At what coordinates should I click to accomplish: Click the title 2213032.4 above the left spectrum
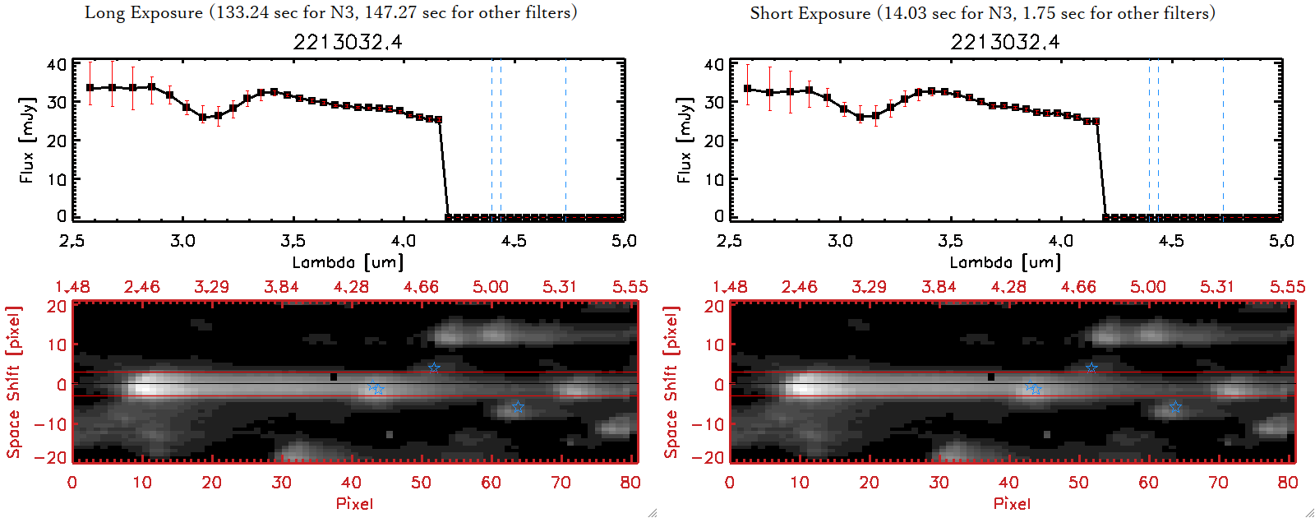[x=348, y=42]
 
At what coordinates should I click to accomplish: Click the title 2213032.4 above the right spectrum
[x=1005, y=42]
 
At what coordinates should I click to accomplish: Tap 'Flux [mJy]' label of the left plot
[x=27, y=141]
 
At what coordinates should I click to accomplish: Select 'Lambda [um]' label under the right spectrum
[x=1005, y=262]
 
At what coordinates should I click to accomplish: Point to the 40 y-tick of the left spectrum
[x=57, y=65]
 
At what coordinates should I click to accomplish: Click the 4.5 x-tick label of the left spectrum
[x=514, y=241]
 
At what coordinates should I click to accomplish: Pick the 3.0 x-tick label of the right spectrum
[x=840, y=241]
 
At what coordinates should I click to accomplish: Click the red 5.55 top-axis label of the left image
[x=630, y=287]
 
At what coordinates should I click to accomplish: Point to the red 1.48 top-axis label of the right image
[x=730, y=287]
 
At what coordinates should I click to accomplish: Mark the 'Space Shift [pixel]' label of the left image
[x=13, y=382]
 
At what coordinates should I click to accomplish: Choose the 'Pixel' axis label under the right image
[x=1012, y=503]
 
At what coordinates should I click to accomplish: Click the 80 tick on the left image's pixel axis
[x=630, y=483]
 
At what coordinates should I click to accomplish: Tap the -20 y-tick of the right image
[x=713, y=458]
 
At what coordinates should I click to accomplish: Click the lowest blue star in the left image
[x=518, y=407]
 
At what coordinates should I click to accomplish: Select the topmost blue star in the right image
[x=1091, y=368]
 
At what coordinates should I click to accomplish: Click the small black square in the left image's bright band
[x=333, y=377]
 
